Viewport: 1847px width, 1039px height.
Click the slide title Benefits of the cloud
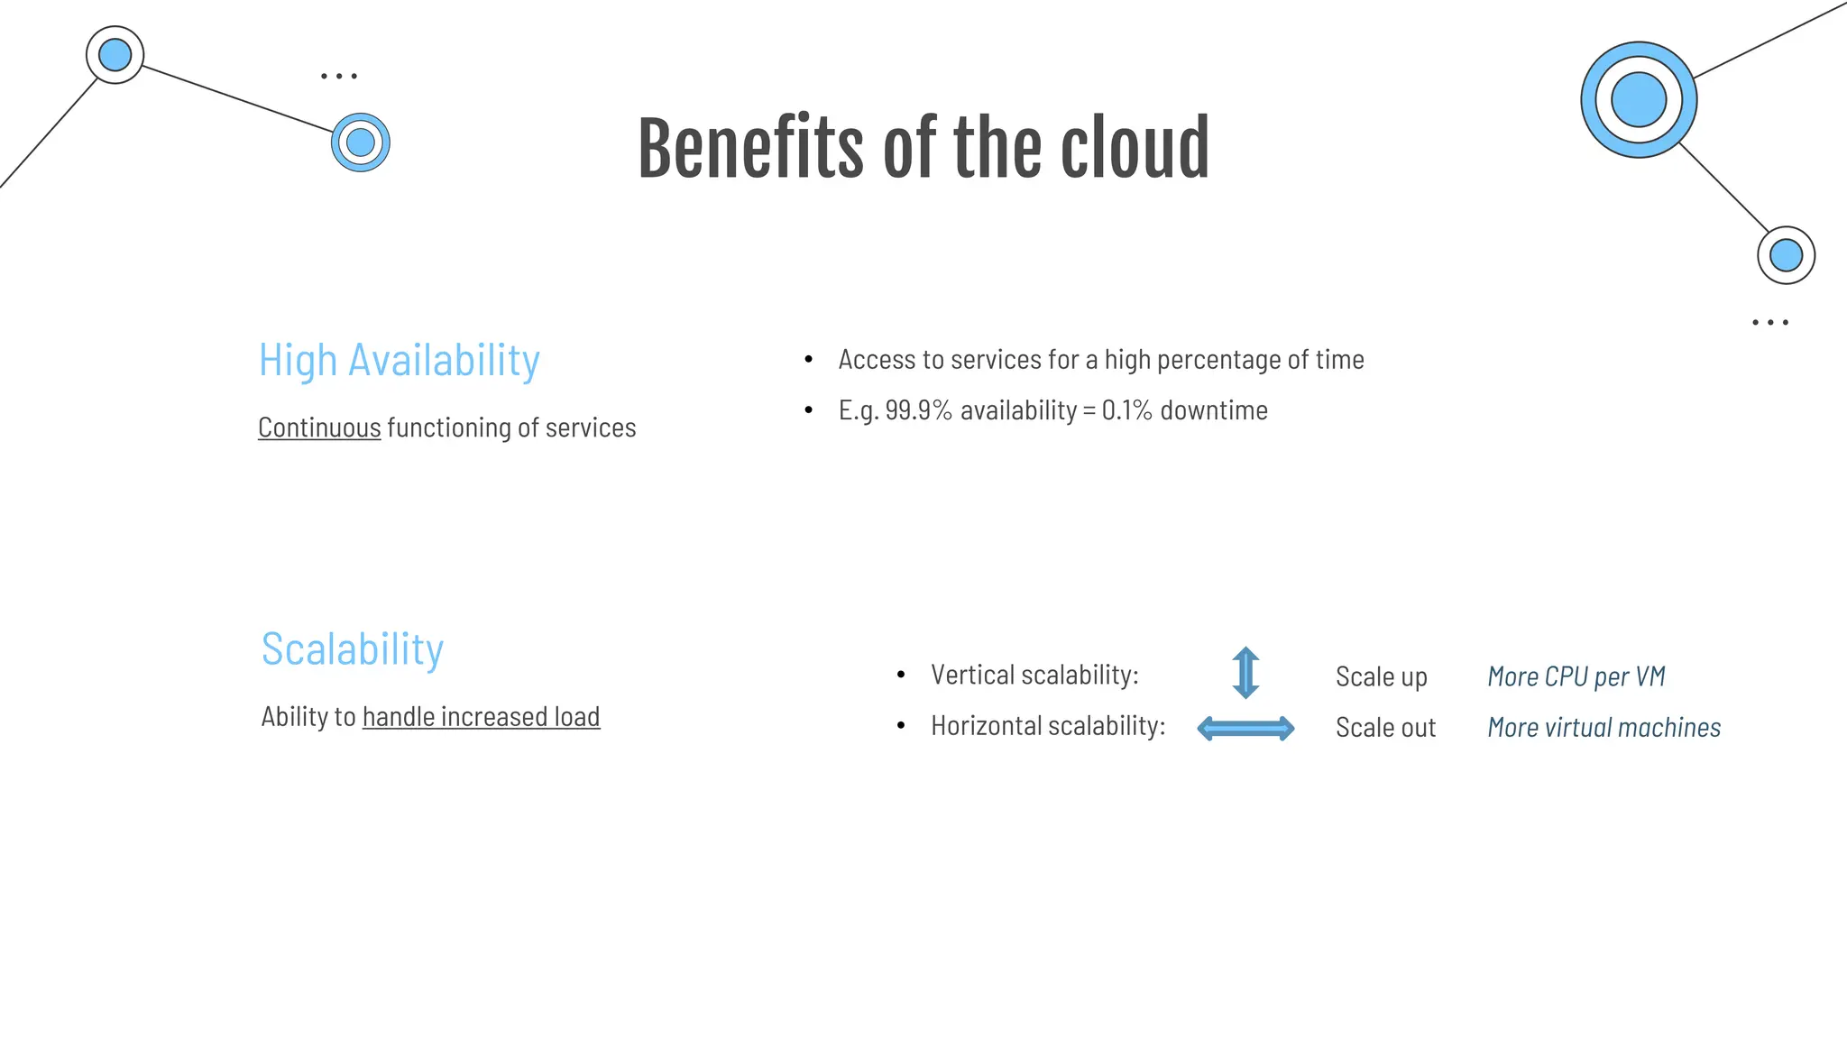point(923,149)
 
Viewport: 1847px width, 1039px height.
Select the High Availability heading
point(399,360)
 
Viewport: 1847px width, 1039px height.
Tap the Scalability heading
point(353,649)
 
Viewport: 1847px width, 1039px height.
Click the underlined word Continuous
point(319,428)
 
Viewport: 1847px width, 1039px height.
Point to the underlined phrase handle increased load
point(481,717)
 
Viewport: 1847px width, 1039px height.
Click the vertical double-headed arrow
point(1245,673)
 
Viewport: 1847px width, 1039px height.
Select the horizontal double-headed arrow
point(1245,728)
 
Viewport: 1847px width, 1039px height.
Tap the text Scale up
point(1381,677)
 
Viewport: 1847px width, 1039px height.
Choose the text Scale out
point(1385,728)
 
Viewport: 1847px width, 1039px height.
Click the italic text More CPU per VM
point(1576,676)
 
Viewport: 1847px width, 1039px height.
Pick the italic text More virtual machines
point(1603,728)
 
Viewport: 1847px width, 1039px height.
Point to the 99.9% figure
point(918,410)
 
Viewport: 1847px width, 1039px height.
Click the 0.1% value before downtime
point(1126,410)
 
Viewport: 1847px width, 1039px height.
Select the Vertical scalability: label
point(1034,675)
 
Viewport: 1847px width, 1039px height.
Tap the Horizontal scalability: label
point(1048,726)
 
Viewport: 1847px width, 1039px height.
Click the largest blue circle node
point(1638,99)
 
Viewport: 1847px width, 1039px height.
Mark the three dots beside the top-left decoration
point(339,77)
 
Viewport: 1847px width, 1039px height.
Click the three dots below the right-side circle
point(1770,322)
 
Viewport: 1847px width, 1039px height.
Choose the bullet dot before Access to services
point(809,360)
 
